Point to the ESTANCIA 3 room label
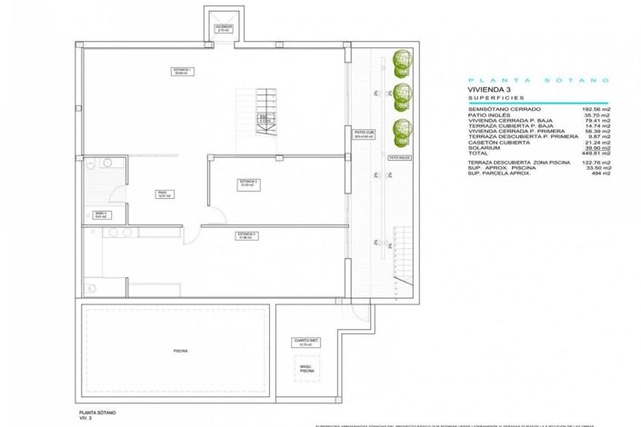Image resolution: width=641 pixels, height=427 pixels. (246, 236)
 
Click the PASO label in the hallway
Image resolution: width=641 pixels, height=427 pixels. (163, 194)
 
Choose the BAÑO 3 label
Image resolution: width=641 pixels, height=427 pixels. (100, 215)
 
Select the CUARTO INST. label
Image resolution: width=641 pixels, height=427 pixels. (305, 343)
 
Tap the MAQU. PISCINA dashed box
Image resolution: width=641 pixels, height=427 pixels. (306, 369)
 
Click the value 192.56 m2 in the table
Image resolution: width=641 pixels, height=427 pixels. (595, 110)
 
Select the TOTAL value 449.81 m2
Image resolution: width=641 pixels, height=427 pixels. (594, 154)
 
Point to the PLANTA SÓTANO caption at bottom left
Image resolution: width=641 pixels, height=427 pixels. (96, 412)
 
